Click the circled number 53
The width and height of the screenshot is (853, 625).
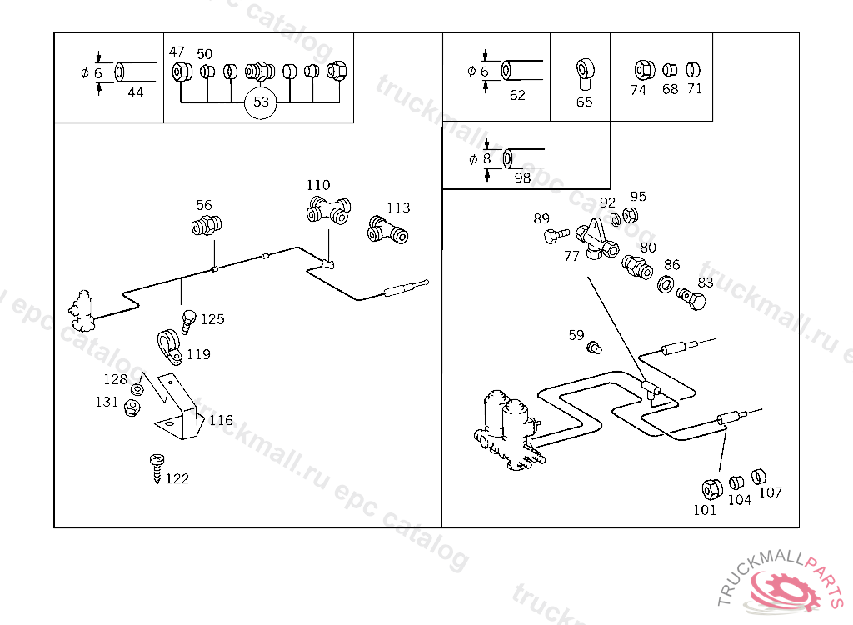pyautogui.click(x=261, y=102)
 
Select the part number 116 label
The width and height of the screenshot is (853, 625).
pyautogui.click(x=221, y=420)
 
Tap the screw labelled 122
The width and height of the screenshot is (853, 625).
pyautogui.click(x=157, y=467)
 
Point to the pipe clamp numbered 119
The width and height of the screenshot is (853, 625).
pyautogui.click(x=169, y=347)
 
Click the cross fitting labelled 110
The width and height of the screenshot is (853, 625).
pyautogui.click(x=328, y=210)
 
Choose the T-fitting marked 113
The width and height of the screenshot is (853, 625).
pyautogui.click(x=387, y=230)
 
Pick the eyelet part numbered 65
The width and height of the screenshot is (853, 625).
pyautogui.click(x=586, y=73)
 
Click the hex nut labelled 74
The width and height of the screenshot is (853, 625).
pyautogui.click(x=644, y=71)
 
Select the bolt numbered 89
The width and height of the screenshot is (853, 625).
pyautogui.click(x=556, y=235)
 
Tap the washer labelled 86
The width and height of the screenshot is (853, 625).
pyautogui.click(x=666, y=284)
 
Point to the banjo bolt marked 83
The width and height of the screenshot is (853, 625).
pyautogui.click(x=691, y=298)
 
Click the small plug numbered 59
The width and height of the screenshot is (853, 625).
pyautogui.click(x=594, y=347)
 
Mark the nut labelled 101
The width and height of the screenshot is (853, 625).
pyautogui.click(x=711, y=489)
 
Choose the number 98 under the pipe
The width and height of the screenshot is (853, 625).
pyautogui.click(x=522, y=178)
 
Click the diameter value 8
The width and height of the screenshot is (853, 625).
pyautogui.click(x=486, y=158)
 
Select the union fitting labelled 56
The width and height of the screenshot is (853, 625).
pyautogui.click(x=207, y=225)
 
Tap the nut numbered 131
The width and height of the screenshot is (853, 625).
pyautogui.click(x=132, y=407)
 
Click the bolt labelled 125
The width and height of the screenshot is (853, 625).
pyautogui.click(x=188, y=321)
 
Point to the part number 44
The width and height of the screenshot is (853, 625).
pyautogui.click(x=136, y=92)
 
